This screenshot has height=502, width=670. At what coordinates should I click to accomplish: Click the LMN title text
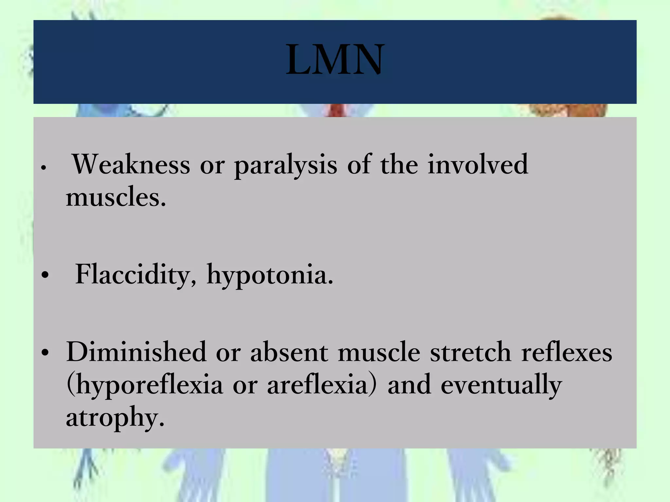(335, 60)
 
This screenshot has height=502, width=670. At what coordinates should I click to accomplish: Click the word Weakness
(131, 164)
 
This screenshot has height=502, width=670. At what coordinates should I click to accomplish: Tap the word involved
(478, 164)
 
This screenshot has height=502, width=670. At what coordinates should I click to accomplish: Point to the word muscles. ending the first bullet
(116, 197)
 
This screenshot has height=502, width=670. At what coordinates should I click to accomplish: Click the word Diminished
(136, 352)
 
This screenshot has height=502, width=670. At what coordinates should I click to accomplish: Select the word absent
(289, 352)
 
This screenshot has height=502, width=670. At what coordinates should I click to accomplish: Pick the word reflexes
(566, 352)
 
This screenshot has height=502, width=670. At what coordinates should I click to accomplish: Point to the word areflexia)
(322, 385)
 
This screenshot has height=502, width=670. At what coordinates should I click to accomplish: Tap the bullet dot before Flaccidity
(45, 276)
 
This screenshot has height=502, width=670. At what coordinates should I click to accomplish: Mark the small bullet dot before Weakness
(43, 168)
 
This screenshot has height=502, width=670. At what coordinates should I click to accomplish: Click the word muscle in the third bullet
(379, 352)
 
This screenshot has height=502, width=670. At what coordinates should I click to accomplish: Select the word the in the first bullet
(399, 164)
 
